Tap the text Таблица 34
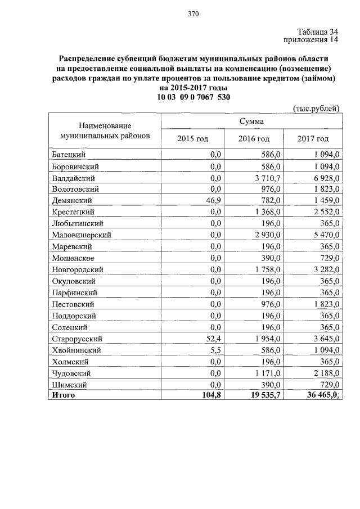click(317, 31)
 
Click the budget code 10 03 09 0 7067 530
click(193, 97)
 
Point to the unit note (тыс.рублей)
click(317, 108)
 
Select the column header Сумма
click(251, 121)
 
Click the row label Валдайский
click(71, 177)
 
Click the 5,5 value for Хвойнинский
click(216, 350)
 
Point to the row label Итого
click(63, 395)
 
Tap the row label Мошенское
click(72, 258)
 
